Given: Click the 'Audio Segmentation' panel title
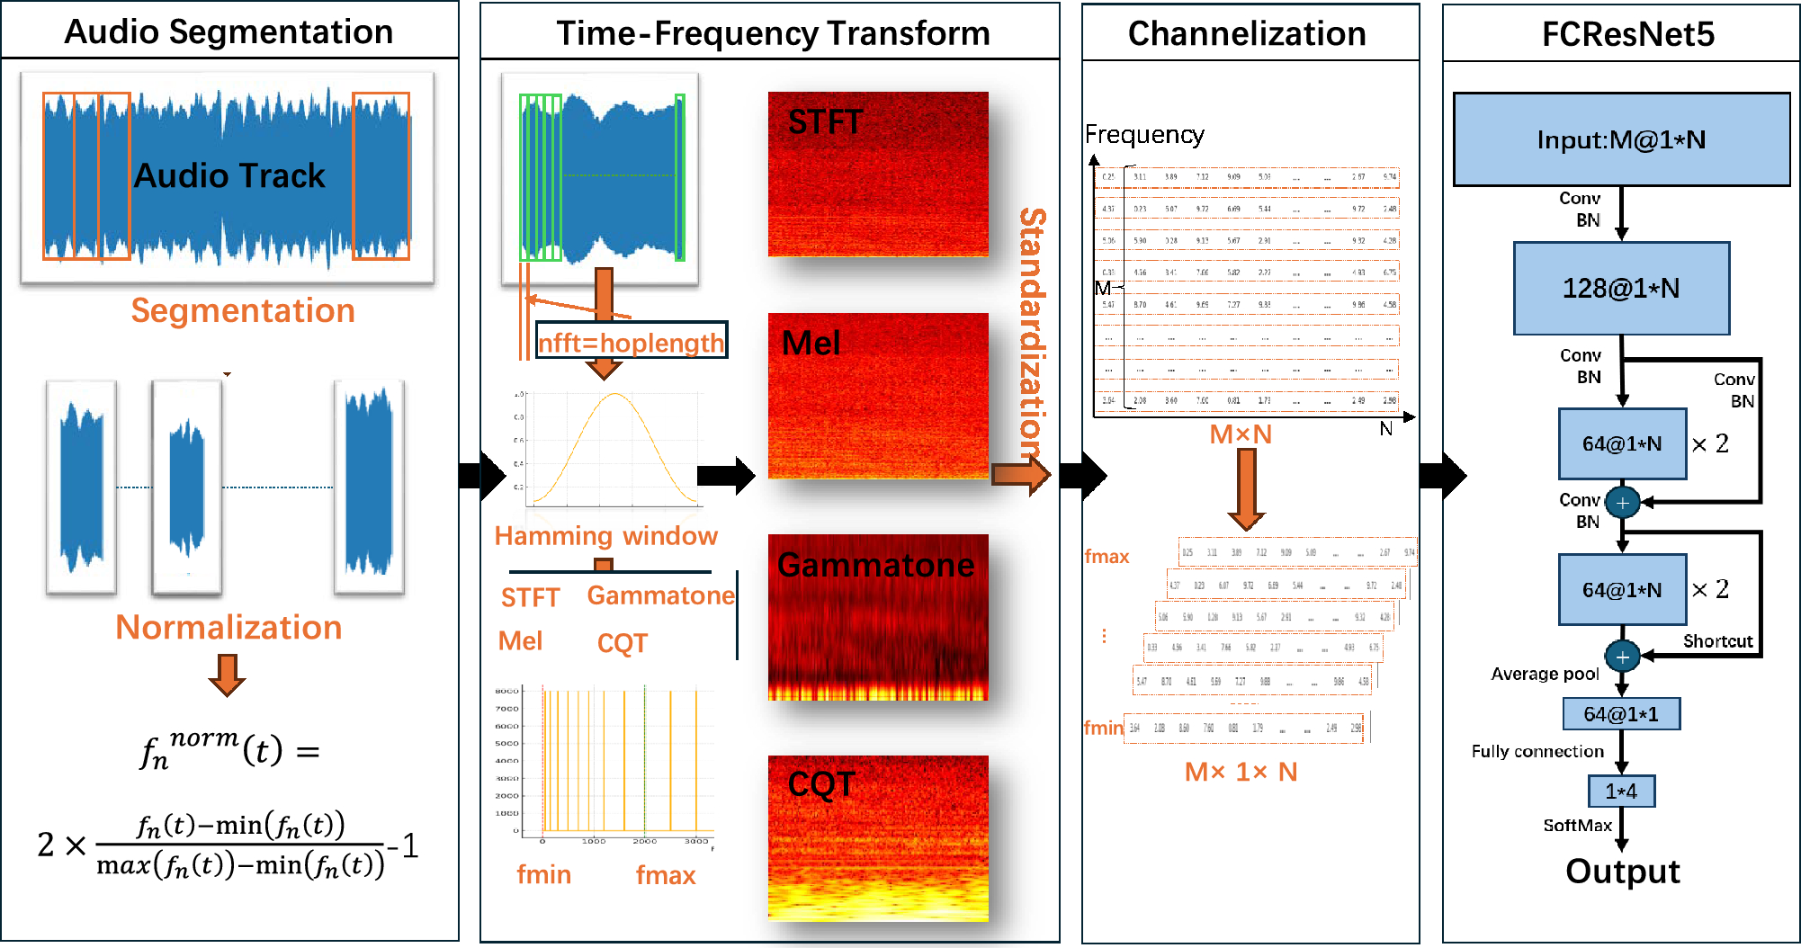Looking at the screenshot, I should click(228, 32).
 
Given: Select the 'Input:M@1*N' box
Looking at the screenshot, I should click(1621, 139).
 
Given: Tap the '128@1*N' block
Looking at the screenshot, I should click(1621, 288).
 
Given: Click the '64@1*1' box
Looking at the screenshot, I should click(1621, 714).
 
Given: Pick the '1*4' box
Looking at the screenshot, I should click(1621, 791).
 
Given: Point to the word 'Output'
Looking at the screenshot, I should click(1623, 871).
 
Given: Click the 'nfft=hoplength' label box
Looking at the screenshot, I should click(631, 341).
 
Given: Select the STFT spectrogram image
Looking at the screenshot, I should click(878, 174).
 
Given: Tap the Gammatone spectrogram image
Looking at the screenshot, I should click(878, 617).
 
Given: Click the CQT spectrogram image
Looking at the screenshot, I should click(878, 837).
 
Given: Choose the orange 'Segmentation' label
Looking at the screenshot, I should click(243, 310).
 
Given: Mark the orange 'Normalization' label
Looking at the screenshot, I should click(228, 627).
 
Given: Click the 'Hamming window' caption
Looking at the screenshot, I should click(605, 536).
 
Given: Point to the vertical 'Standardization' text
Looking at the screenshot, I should click(1033, 333).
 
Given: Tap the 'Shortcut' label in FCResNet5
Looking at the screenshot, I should click(1717, 641).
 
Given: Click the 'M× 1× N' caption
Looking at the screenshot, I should click(1241, 772).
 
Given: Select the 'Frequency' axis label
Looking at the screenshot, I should click(1144, 135).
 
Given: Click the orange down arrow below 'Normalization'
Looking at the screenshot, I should click(227, 675).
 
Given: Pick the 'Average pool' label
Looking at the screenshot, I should click(1545, 674).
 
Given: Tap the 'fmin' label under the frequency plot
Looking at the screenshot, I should click(543, 874).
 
